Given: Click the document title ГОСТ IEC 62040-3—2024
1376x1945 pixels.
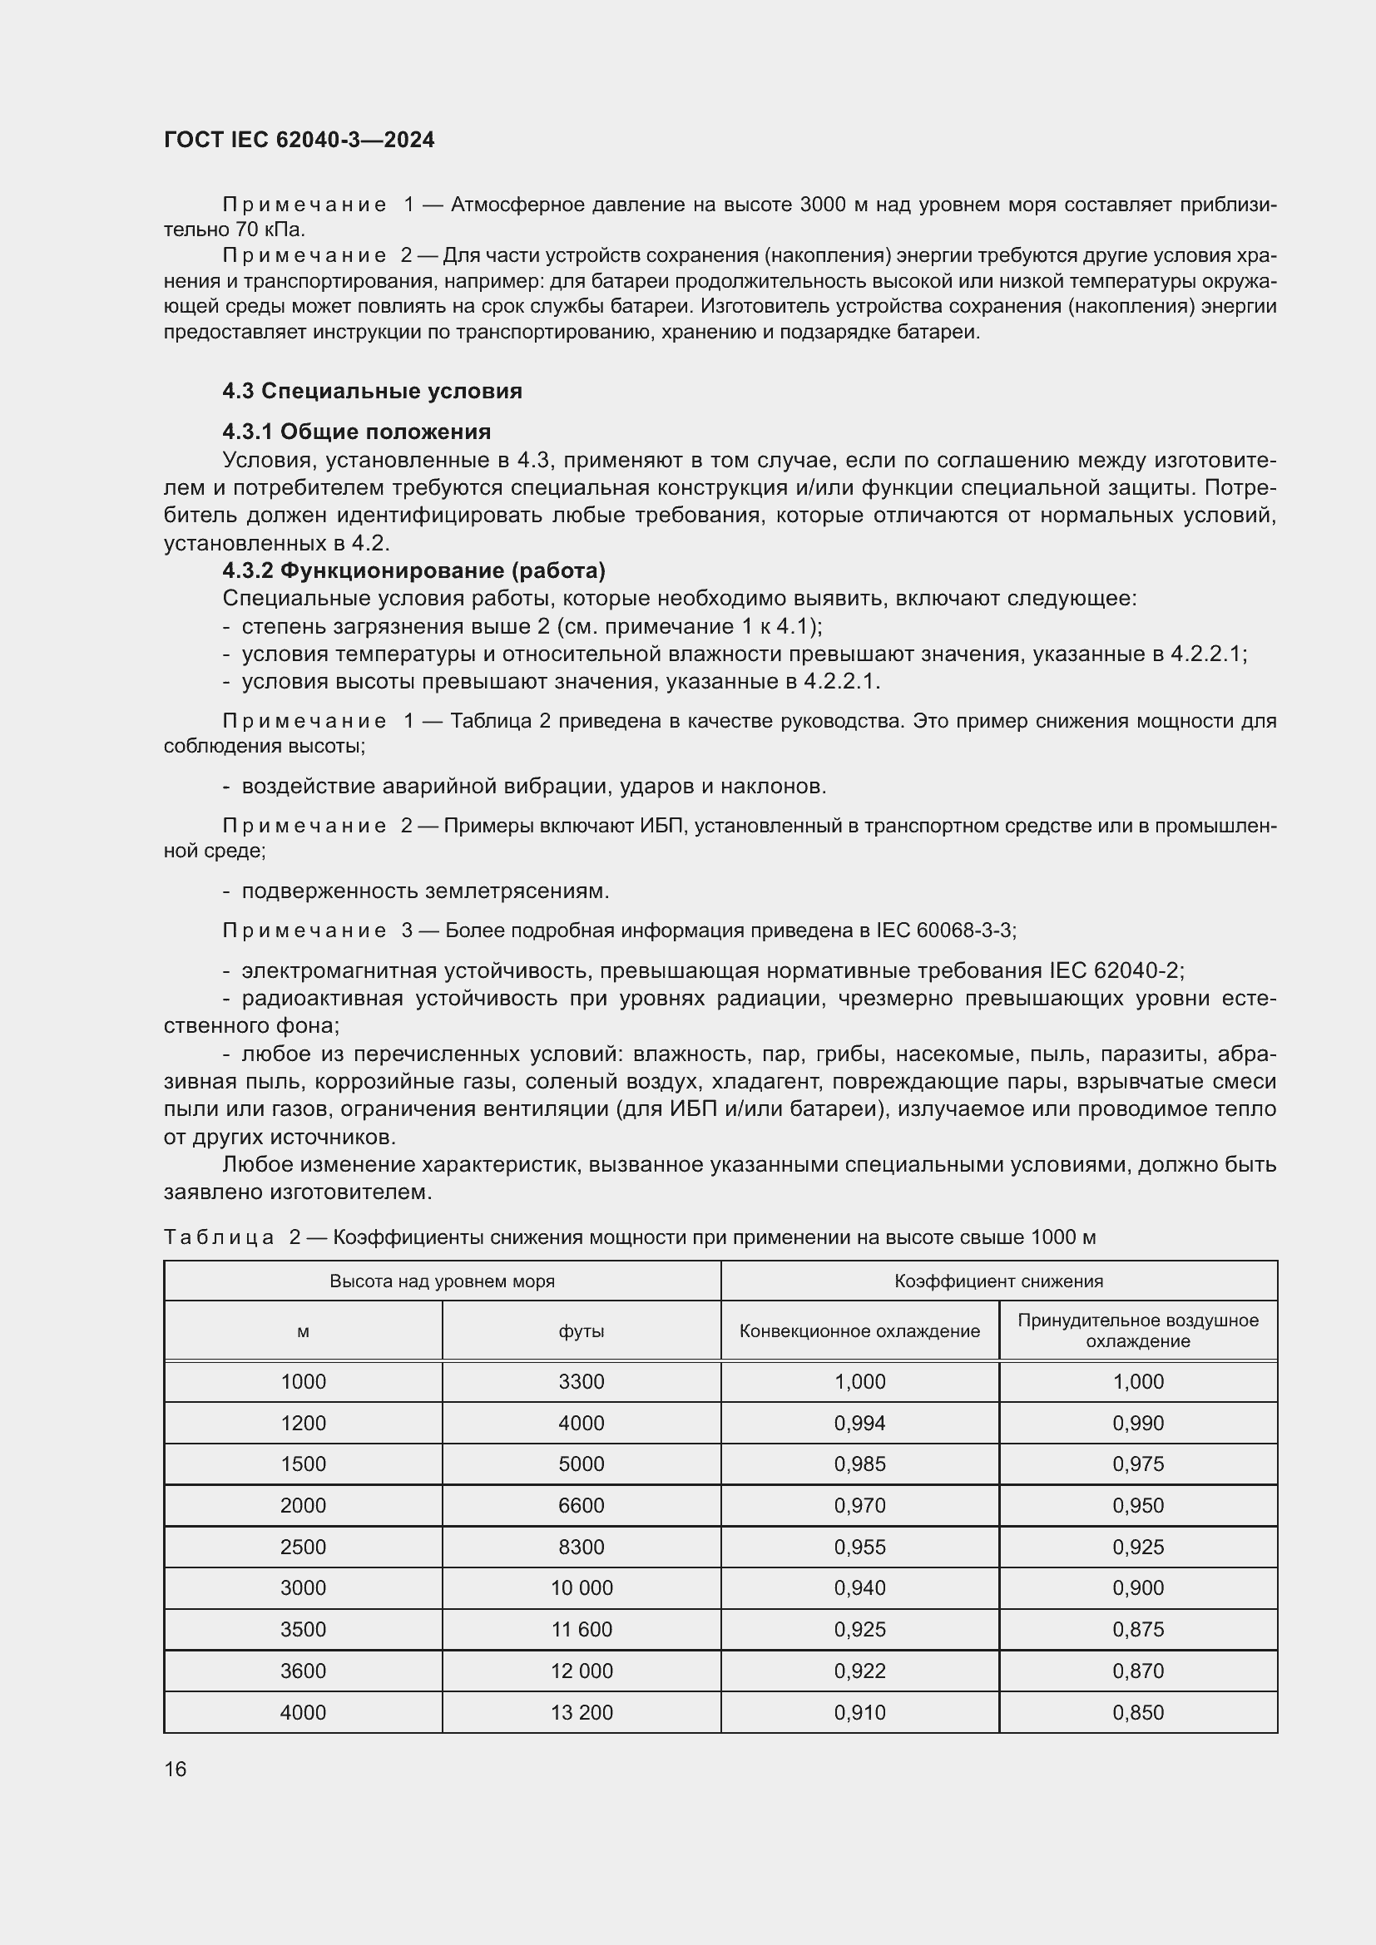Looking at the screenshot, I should tap(299, 140).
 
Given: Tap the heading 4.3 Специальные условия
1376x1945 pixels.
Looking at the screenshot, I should tap(372, 391).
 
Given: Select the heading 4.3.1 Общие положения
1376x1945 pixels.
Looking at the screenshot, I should tap(357, 432).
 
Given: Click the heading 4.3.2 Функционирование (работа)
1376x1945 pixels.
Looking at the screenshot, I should tap(413, 570).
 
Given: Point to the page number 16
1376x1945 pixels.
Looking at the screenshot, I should tap(176, 1769).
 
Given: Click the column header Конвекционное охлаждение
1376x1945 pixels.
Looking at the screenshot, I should tap(859, 1330).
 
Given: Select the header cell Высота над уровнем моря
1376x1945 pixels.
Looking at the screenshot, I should tap(442, 1281).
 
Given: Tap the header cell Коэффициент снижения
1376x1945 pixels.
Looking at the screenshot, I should tap(998, 1281).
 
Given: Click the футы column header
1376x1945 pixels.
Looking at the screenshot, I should tap(582, 1330).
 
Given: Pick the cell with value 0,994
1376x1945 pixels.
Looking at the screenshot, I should tap(859, 1423).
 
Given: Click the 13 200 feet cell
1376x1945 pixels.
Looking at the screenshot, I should tap(582, 1712).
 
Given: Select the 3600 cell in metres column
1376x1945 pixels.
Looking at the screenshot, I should tap(303, 1671).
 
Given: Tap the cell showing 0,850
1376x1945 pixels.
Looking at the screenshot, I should tap(1137, 1712).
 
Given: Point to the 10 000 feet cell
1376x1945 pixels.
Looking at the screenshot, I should tap(582, 1587).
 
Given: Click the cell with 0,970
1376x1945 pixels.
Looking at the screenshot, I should tap(859, 1505).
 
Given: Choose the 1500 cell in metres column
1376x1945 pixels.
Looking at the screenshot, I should tap(303, 1464).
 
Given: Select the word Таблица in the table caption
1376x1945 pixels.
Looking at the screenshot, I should tap(219, 1237).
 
